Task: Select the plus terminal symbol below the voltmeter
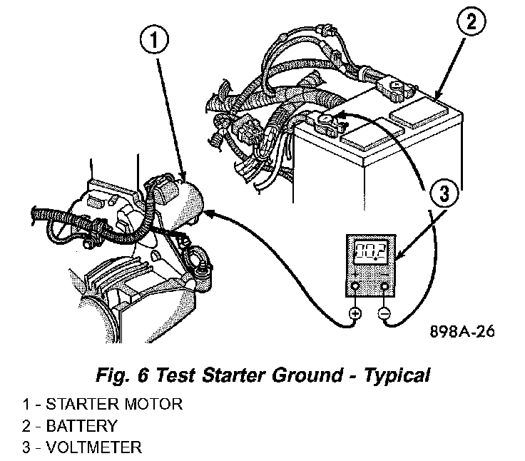[355, 313]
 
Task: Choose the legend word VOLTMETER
[93, 447]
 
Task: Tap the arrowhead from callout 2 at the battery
[437, 96]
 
